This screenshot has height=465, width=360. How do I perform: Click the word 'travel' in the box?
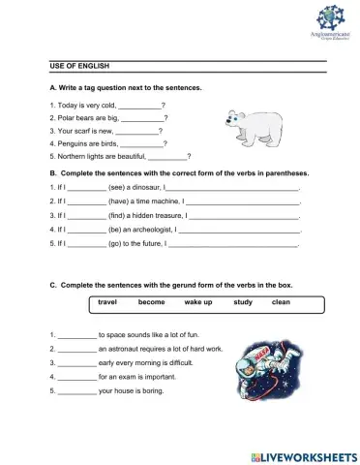click(107, 302)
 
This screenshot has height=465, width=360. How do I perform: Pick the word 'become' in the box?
click(152, 302)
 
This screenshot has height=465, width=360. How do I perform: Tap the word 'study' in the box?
click(243, 302)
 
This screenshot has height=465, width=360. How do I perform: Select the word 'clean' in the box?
click(281, 302)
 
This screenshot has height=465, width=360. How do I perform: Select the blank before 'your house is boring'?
click(76, 391)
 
